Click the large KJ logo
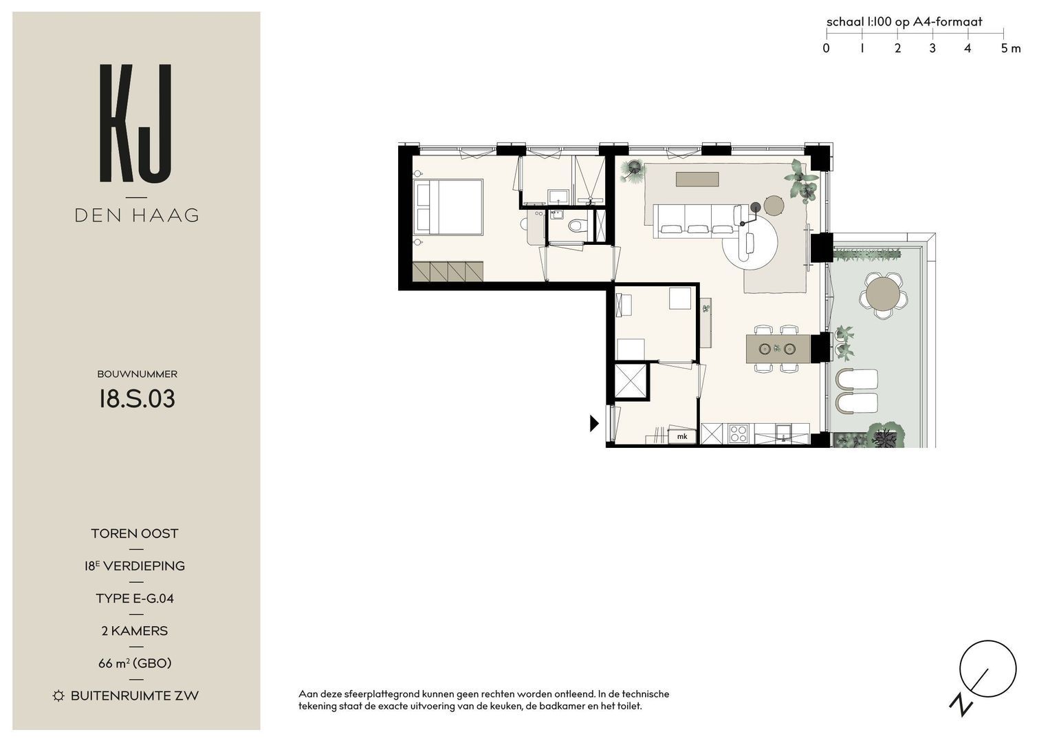point(135,123)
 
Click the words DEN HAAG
point(137,216)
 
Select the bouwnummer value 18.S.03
point(137,399)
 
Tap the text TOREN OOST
point(135,533)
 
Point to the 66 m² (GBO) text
point(135,663)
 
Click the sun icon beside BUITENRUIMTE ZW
point(58,696)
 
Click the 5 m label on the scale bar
point(1011,48)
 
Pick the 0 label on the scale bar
point(826,48)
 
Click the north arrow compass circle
point(987,669)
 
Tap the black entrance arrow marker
point(594,424)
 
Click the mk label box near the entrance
point(682,437)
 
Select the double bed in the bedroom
point(448,207)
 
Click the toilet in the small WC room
point(578,226)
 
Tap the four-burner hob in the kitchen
point(738,434)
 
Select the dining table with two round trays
point(778,349)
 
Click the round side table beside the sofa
point(774,206)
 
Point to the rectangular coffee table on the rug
point(697,180)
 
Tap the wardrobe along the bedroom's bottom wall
point(448,272)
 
